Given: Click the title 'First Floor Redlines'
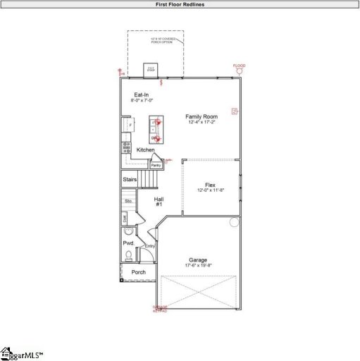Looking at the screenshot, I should coord(180,4).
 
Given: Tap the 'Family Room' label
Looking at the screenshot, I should coord(201,116).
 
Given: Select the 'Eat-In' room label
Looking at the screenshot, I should coord(142,94).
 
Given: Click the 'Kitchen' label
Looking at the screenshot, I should coord(146,149).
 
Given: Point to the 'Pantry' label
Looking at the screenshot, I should coord(156,165).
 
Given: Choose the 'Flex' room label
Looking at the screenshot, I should coord(210,184).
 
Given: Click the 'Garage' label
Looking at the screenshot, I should coord(197,259).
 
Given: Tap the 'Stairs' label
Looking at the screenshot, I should coord(130,180).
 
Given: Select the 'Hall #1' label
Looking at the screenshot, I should coord(159,202).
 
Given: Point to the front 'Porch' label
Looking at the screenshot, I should coord(139,272).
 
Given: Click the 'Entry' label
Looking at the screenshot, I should coord(150,246).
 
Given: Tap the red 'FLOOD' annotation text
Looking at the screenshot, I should coord(240,66).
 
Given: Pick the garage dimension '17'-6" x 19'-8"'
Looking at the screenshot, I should coord(198,265).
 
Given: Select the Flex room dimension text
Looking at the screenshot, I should coord(210,190).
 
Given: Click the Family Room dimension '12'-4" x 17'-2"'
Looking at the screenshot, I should coord(201,122).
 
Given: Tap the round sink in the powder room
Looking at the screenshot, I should coord(128,231).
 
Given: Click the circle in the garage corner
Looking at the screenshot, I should coord(235,223).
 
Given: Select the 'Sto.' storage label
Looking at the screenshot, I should coord(128,202).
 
